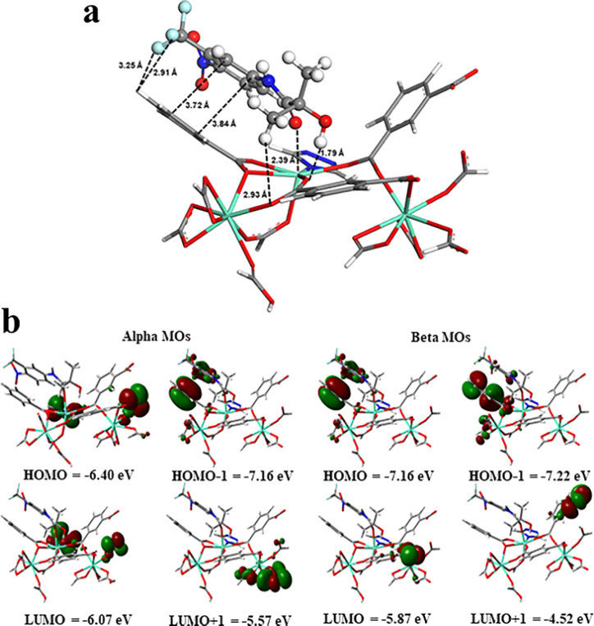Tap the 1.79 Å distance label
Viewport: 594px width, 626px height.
tap(331, 152)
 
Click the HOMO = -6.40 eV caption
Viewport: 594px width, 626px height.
tap(74, 475)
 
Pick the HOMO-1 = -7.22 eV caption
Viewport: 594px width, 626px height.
tap(525, 475)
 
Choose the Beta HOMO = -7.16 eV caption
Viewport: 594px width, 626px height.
tap(373, 475)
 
